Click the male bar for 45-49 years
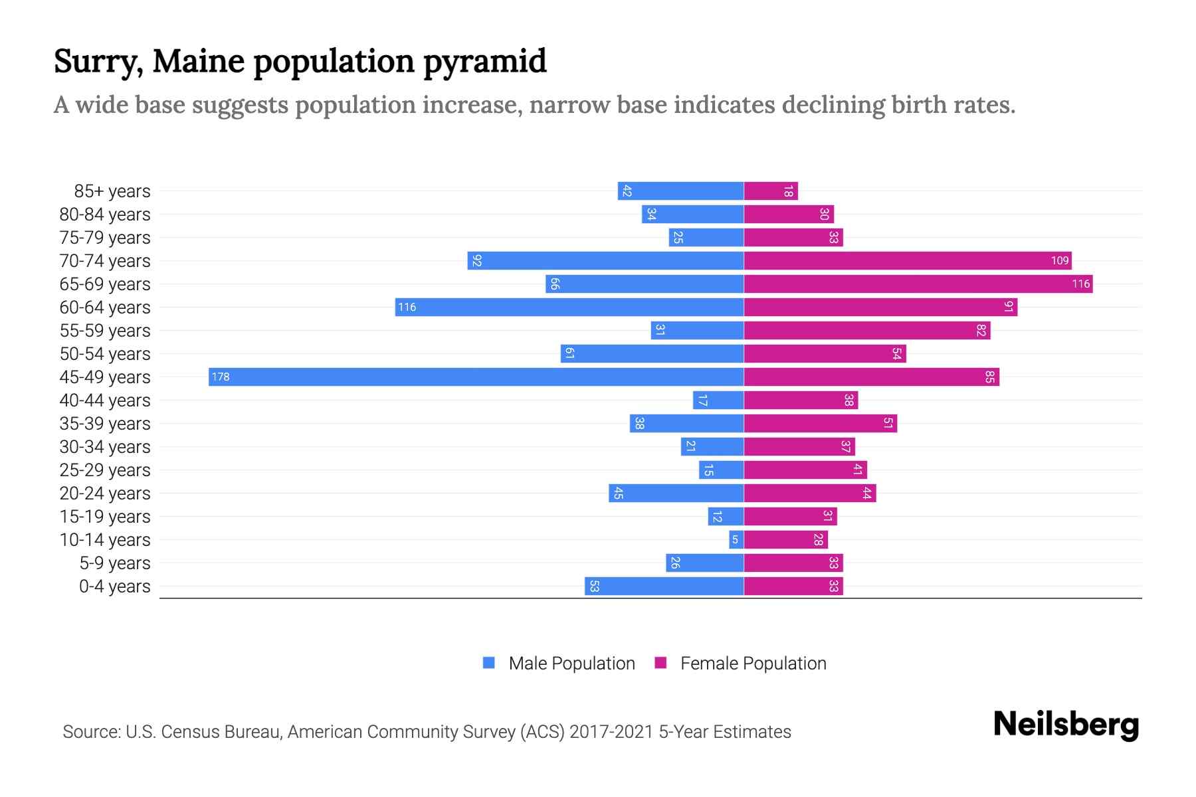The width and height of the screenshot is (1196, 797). click(476, 377)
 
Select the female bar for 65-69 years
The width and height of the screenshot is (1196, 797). click(918, 284)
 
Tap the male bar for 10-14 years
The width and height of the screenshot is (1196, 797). click(736, 539)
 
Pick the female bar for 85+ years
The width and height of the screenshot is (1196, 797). click(771, 191)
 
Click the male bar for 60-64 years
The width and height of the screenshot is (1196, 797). click(569, 307)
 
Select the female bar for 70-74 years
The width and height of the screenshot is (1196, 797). click(908, 260)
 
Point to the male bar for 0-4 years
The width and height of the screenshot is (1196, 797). click(664, 586)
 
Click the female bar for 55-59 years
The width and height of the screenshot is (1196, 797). click(867, 330)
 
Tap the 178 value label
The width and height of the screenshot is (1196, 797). click(221, 377)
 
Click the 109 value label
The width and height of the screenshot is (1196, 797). click(1060, 260)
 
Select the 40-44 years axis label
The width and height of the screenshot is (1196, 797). click(105, 400)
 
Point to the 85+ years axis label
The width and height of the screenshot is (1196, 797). click(112, 191)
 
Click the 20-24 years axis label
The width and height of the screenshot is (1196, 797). click(105, 493)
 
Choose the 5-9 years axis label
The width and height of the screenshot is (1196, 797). click(115, 563)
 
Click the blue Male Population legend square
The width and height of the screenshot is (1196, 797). click(489, 663)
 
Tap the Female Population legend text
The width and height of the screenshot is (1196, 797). click(753, 663)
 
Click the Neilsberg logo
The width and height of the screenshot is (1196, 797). click(1066, 724)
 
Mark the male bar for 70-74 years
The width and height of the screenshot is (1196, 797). click(605, 260)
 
